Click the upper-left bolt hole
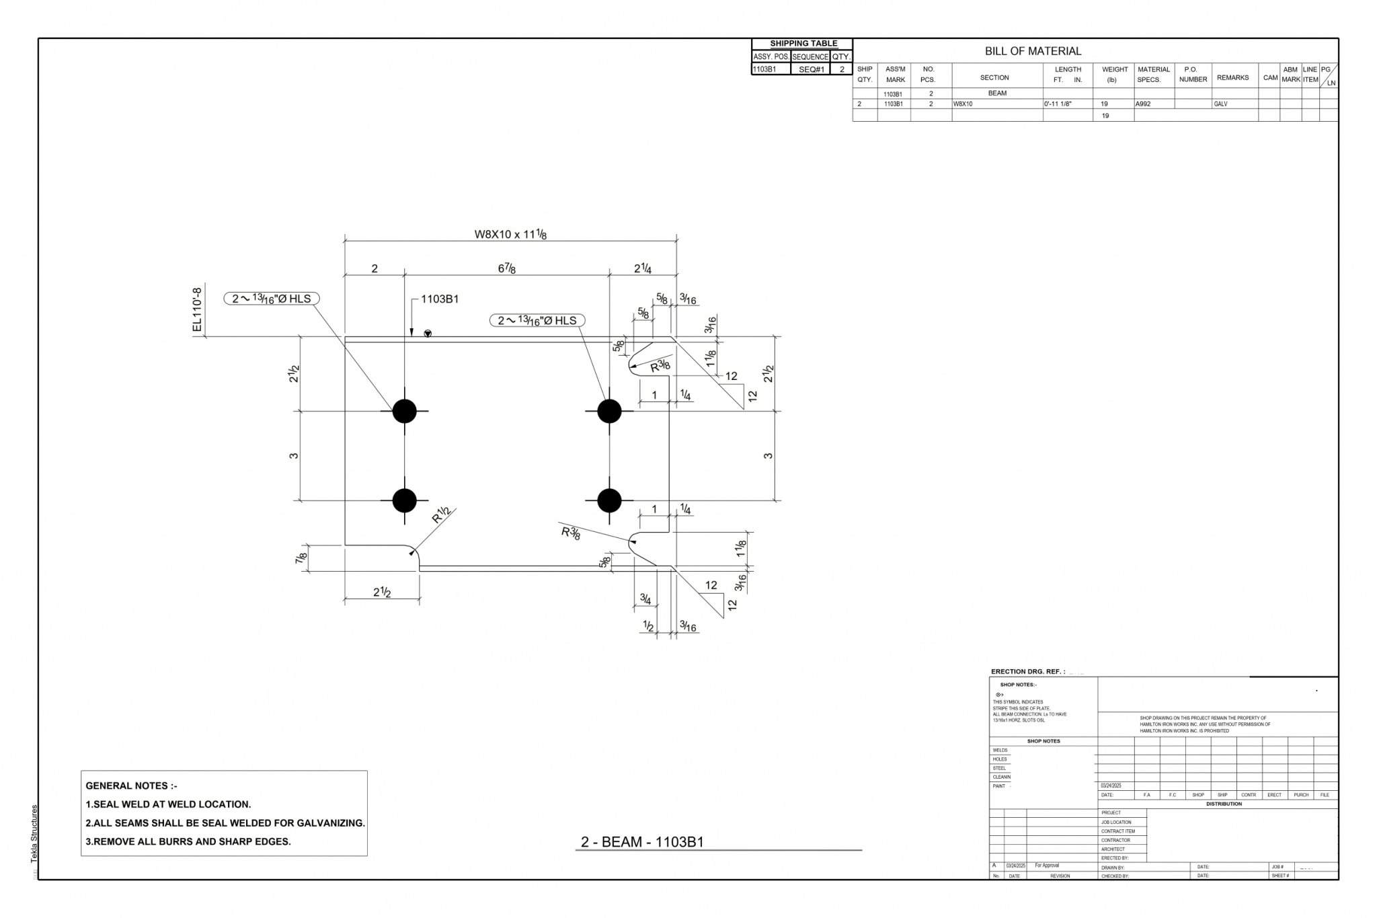point(404,410)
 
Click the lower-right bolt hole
point(609,500)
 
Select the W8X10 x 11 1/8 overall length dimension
point(510,234)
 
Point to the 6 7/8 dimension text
point(507,268)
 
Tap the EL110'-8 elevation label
point(197,310)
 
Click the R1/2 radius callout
point(440,515)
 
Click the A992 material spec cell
point(1143,104)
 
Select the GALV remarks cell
point(1220,104)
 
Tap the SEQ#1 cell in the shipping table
point(811,69)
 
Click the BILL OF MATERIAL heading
point(1033,51)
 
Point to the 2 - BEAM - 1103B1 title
point(642,842)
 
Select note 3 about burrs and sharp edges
point(188,841)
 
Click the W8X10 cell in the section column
point(963,104)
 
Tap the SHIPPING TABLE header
point(803,43)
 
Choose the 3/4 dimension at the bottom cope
point(645,598)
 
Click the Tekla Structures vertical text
point(34,834)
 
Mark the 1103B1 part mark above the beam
point(440,299)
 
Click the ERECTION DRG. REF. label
point(1027,672)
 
